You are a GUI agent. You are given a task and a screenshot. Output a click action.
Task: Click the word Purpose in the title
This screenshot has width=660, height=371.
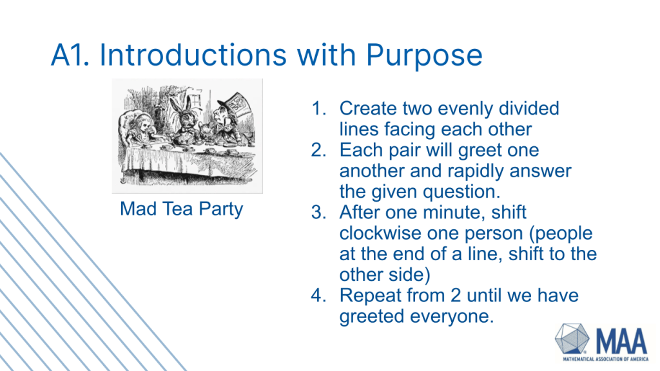(424, 56)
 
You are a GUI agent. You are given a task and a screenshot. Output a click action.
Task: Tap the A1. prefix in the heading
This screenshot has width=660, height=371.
(70, 55)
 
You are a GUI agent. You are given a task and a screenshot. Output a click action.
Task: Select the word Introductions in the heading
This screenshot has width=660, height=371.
(193, 55)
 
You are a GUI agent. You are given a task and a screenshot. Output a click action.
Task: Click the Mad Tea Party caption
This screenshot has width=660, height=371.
(181, 209)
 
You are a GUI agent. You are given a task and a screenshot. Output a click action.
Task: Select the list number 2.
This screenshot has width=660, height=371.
(319, 149)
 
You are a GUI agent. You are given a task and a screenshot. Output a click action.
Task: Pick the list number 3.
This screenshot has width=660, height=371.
(319, 213)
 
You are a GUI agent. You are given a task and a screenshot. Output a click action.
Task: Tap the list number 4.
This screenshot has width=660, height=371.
(319, 295)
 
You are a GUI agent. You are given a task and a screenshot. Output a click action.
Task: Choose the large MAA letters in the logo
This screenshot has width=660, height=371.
(621, 341)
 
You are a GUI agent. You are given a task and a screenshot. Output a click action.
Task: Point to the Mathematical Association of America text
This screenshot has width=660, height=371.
(606, 359)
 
